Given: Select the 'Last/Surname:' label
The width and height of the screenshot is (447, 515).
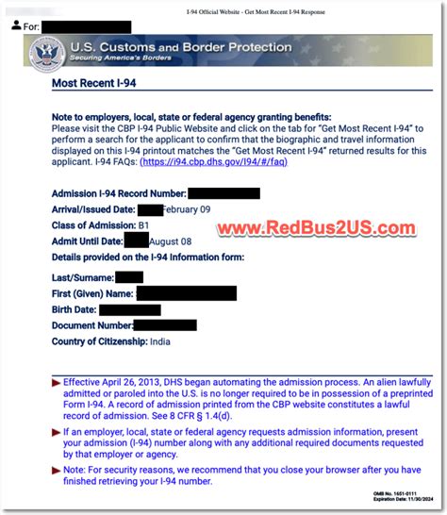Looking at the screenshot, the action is [x=82, y=277].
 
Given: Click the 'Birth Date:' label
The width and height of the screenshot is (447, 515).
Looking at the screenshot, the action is [x=74, y=308].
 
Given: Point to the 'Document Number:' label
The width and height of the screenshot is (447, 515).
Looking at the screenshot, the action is [x=91, y=324].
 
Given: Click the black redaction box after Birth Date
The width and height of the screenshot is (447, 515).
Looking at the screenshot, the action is [x=129, y=308].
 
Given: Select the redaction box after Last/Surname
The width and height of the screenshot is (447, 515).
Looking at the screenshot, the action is [x=129, y=277].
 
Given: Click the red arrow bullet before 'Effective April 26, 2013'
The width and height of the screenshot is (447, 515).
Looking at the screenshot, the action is [x=56, y=383].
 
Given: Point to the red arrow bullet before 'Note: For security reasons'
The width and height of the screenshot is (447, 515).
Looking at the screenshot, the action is [x=56, y=468].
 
